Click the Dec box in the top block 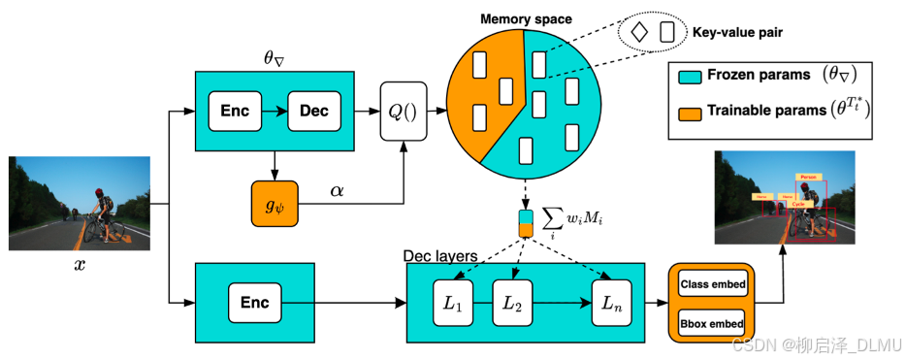pos(313,111)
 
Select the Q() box pos(402,111)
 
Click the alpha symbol pos(337,191)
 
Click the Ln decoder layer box pos(612,303)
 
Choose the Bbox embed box pos(712,323)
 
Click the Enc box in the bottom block pos(254,303)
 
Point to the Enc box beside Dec pos(235,111)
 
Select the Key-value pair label pos(737,32)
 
